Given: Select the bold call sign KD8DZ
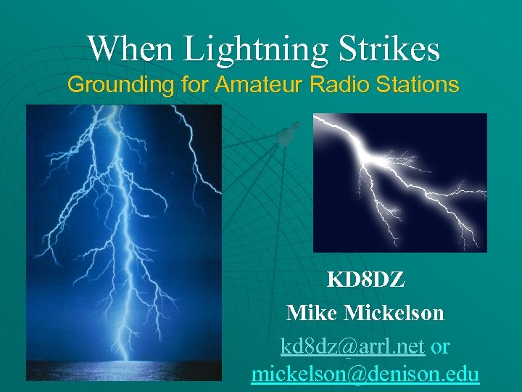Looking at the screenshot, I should click(366, 279).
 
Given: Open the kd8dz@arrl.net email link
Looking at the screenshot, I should click(352, 347).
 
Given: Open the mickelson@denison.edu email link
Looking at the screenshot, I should click(365, 375).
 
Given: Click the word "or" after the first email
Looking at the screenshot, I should click(440, 347).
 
